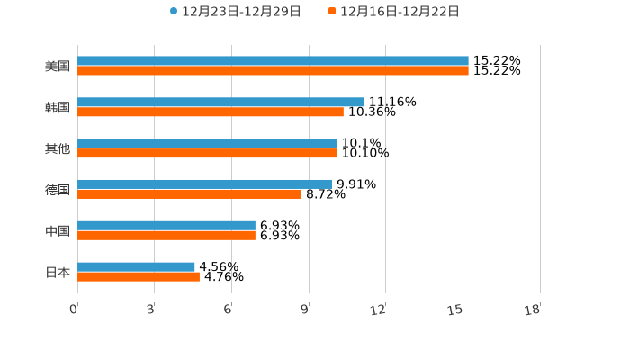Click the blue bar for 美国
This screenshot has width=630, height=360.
(x=273, y=61)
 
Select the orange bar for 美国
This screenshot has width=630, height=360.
(x=273, y=70)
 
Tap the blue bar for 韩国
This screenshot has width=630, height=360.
(x=220, y=103)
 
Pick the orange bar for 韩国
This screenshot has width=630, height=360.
(x=211, y=112)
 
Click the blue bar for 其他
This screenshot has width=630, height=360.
(x=207, y=144)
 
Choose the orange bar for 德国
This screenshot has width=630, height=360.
(x=190, y=193)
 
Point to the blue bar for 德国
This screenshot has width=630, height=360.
(x=204, y=184)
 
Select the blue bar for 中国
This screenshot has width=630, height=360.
(x=166, y=226)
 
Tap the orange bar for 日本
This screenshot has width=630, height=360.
(x=139, y=276)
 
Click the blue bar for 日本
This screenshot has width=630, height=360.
(x=136, y=267)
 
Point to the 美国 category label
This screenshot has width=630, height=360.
(x=58, y=66)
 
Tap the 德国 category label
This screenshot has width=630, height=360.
(x=58, y=190)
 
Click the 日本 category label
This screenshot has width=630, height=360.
(x=58, y=272)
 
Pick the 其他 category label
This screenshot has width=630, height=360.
(x=58, y=148)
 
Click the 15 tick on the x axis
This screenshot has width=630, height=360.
(x=456, y=310)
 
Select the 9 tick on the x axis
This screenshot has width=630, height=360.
(x=305, y=310)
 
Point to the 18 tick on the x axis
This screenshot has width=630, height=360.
(x=533, y=310)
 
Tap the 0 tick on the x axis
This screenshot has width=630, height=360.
(x=74, y=310)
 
